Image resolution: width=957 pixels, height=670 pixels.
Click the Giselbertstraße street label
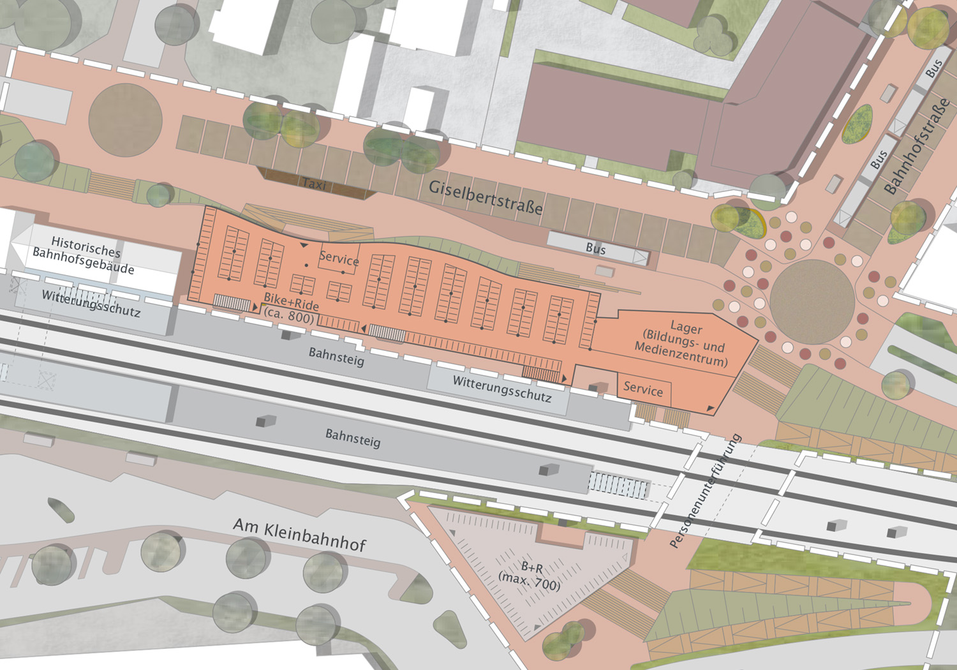click(x=486, y=197)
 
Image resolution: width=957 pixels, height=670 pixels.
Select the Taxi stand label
click(x=315, y=184)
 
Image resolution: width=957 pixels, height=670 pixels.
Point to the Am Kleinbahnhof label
click(x=299, y=535)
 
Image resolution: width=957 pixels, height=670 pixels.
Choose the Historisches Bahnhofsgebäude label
click(x=84, y=255)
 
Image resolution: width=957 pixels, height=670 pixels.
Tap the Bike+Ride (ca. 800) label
click(x=291, y=308)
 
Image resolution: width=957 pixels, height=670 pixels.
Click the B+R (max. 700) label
click(x=530, y=576)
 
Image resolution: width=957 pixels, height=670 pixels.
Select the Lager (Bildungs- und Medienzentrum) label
click(x=682, y=345)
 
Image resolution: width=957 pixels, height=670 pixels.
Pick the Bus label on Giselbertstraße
click(x=595, y=248)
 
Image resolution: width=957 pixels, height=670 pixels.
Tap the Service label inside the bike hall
click(x=339, y=258)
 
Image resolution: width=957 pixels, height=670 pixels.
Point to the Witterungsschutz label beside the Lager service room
click(x=502, y=389)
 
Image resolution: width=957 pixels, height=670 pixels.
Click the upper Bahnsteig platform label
click(x=336, y=357)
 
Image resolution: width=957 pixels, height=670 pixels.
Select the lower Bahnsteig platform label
click(x=353, y=438)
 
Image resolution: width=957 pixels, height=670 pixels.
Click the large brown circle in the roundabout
click(x=812, y=301)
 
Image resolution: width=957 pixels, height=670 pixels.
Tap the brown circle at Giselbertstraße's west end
click(x=125, y=120)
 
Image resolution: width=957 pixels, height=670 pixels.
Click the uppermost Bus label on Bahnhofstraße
click(x=934, y=68)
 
